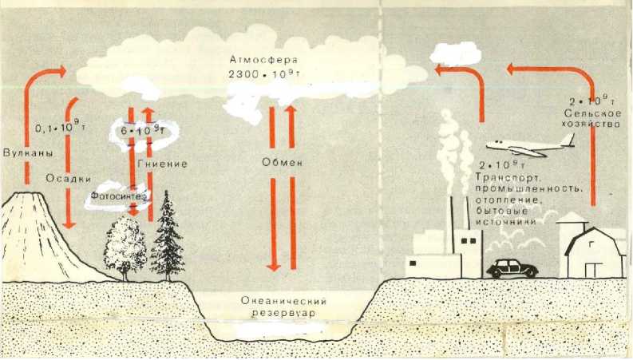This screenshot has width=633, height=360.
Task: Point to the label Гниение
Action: (164, 164)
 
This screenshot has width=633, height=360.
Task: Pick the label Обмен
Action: (283, 164)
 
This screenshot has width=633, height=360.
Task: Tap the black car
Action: (511, 267)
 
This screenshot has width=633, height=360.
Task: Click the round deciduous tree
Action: (125, 245)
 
